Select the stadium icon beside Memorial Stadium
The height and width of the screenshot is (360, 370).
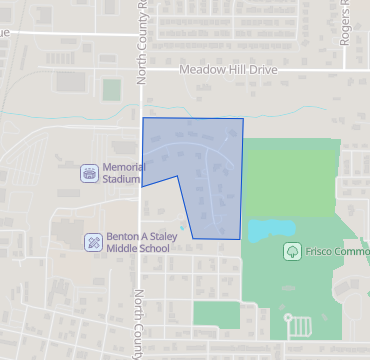[90, 173]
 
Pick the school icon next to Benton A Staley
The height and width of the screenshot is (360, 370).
[92, 241]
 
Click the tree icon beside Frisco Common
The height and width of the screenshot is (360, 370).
[291, 251]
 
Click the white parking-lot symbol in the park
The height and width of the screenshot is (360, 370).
[298, 326]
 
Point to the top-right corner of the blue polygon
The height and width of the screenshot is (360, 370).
[242, 119]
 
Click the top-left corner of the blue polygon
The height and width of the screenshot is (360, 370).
[143, 118]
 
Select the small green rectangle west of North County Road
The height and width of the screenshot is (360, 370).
[68, 81]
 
